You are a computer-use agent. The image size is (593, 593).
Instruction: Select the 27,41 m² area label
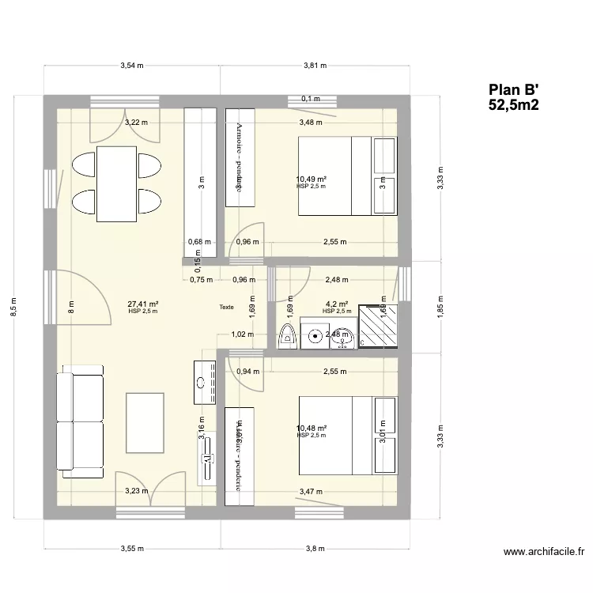(142, 304)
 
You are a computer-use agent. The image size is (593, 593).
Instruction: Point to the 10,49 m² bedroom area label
(311, 179)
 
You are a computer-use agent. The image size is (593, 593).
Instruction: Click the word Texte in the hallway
(228, 308)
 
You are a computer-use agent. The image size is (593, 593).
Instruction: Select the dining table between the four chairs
(116, 183)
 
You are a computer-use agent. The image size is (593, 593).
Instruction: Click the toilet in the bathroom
(288, 335)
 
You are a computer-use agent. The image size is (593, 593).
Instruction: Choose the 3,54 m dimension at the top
(132, 66)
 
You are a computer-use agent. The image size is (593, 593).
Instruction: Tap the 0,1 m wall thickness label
(311, 99)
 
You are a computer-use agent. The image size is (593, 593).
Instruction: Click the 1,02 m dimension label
(242, 334)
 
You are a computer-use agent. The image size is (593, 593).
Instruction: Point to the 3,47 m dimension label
(311, 492)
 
